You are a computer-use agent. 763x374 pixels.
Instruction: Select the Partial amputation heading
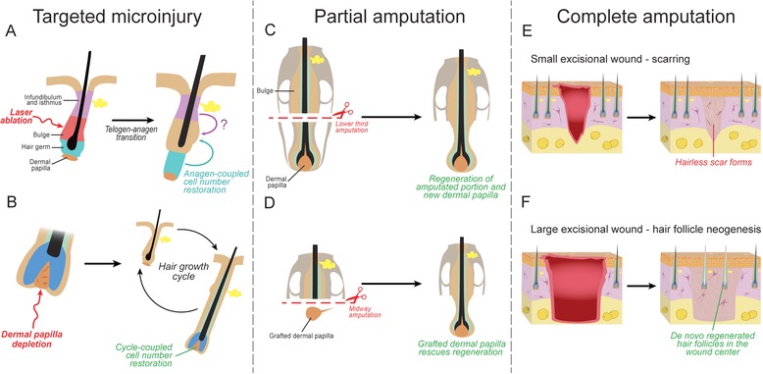pos(389,17)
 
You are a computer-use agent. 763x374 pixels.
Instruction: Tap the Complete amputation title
pos(645,17)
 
